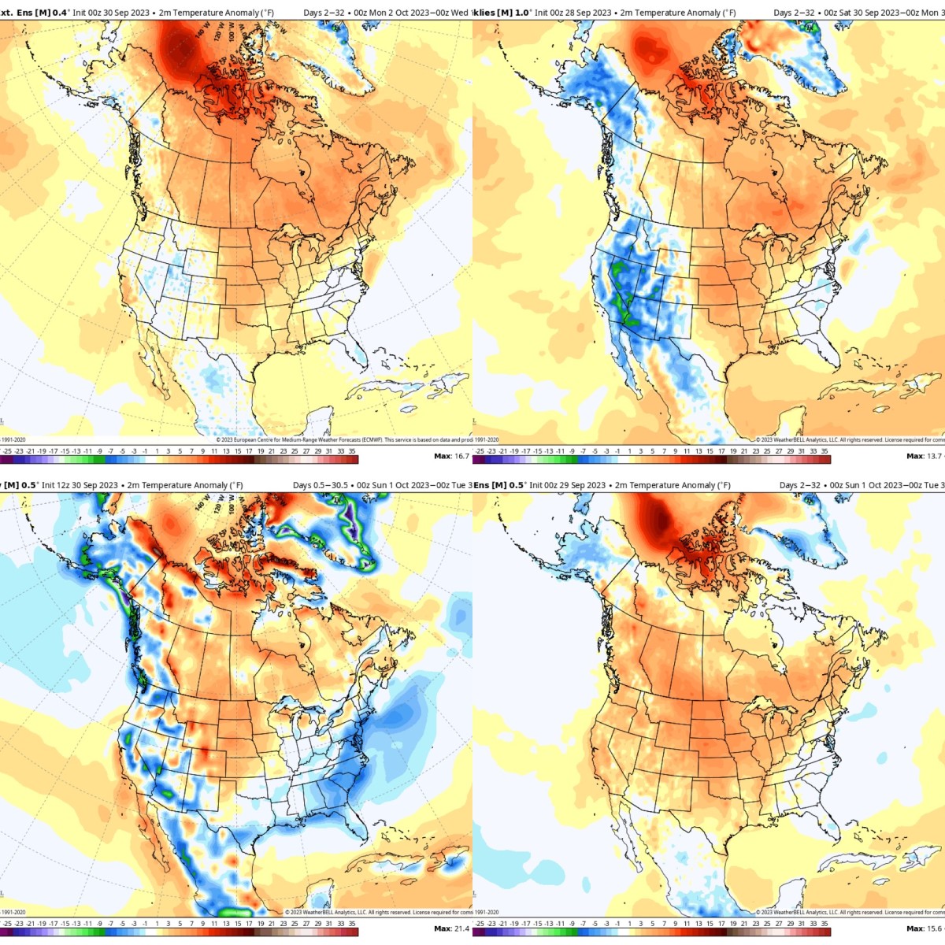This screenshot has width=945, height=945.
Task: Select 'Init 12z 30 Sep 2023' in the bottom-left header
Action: (80, 485)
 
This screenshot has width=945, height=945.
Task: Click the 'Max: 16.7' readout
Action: (451, 456)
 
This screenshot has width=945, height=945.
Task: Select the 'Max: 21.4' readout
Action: (451, 928)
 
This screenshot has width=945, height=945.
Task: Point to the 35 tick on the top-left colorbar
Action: (352, 451)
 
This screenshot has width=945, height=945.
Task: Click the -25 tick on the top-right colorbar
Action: (480, 451)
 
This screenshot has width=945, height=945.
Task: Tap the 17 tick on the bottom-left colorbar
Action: (249, 924)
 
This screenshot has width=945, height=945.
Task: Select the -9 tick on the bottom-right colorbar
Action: (572, 924)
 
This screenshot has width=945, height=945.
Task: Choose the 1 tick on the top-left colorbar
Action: (157, 451)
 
